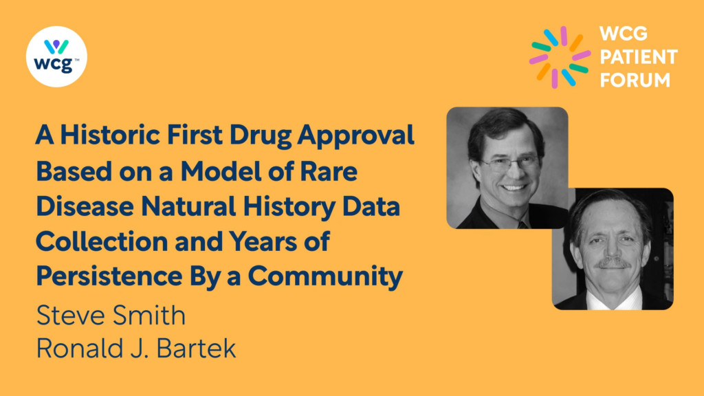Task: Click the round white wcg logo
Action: (56, 56)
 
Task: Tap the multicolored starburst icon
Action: (560, 57)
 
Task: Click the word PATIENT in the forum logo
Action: (639, 57)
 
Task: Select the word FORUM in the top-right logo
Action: (635, 80)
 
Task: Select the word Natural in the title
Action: (188, 206)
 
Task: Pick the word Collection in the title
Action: (102, 241)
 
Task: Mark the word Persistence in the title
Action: (109, 276)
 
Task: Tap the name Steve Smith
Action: (111, 315)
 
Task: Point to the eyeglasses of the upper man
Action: (509, 164)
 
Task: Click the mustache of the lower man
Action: (612, 263)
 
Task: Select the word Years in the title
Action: (264, 241)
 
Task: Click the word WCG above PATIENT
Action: (623, 34)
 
